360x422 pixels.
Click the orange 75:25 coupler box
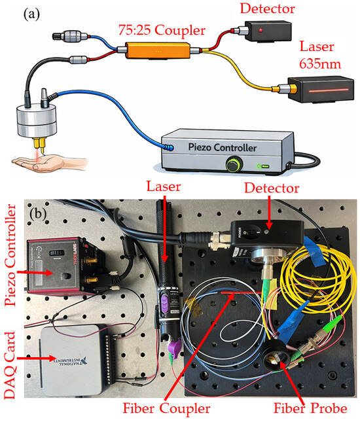coord(158,50)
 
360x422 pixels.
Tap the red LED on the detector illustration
coord(261,30)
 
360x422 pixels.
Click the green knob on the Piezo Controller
coord(234,165)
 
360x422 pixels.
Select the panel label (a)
coord(31,14)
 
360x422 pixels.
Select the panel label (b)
coord(38,214)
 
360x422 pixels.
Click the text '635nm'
coord(320,64)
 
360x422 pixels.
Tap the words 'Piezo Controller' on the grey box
coord(222,147)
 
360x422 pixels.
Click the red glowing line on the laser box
coord(329,90)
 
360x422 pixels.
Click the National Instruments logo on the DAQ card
coord(72,360)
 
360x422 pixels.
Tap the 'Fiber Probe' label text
coord(310,408)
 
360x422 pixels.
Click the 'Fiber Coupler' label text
coord(166,408)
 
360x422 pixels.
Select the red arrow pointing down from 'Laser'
coord(164,228)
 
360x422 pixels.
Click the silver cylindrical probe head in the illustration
coord(37,120)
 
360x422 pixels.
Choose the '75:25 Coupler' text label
coord(162,30)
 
